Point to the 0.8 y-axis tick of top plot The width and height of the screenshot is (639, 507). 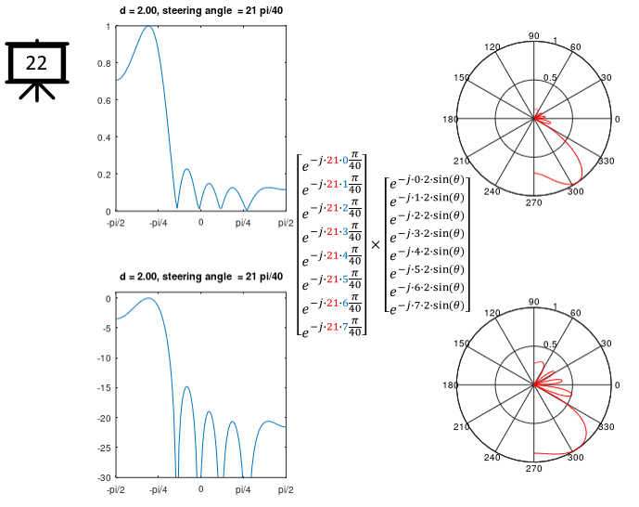point(108,63)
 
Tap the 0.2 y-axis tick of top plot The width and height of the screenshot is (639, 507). point(108,175)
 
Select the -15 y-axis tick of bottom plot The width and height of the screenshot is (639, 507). point(107,388)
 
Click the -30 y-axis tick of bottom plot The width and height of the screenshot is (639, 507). point(107,477)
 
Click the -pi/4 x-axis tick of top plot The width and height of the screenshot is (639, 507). point(158,223)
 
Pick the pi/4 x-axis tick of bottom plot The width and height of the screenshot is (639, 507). point(242,489)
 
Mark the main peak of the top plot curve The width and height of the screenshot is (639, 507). point(147,27)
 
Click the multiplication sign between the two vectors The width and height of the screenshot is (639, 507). point(376,245)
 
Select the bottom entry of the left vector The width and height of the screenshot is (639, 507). point(331,323)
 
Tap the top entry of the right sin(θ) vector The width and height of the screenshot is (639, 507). point(428,181)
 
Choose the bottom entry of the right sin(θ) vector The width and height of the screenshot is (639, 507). point(428,305)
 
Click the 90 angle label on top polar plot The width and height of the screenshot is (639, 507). point(533,36)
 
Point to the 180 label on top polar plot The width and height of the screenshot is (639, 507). point(452,120)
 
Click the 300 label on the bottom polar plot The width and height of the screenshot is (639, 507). point(575,458)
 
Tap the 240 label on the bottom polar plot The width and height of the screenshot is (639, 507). point(492,458)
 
